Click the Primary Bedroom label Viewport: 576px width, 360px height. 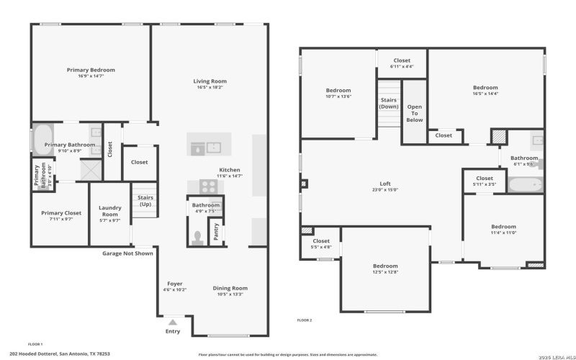(91, 70)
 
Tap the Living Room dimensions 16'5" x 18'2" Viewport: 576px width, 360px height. (210, 88)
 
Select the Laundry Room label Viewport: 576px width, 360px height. (109, 211)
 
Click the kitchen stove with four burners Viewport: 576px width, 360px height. (208, 186)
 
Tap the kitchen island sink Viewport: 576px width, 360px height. (197, 148)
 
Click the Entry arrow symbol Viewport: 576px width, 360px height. (172, 323)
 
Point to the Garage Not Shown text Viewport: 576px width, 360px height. (127, 253)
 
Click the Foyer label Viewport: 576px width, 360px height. (175, 283)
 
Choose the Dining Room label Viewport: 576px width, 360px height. (230, 288)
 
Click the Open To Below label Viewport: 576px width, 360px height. (414, 113)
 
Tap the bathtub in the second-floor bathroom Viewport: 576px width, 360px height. (524, 185)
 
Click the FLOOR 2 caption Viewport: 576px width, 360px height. (305, 319)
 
